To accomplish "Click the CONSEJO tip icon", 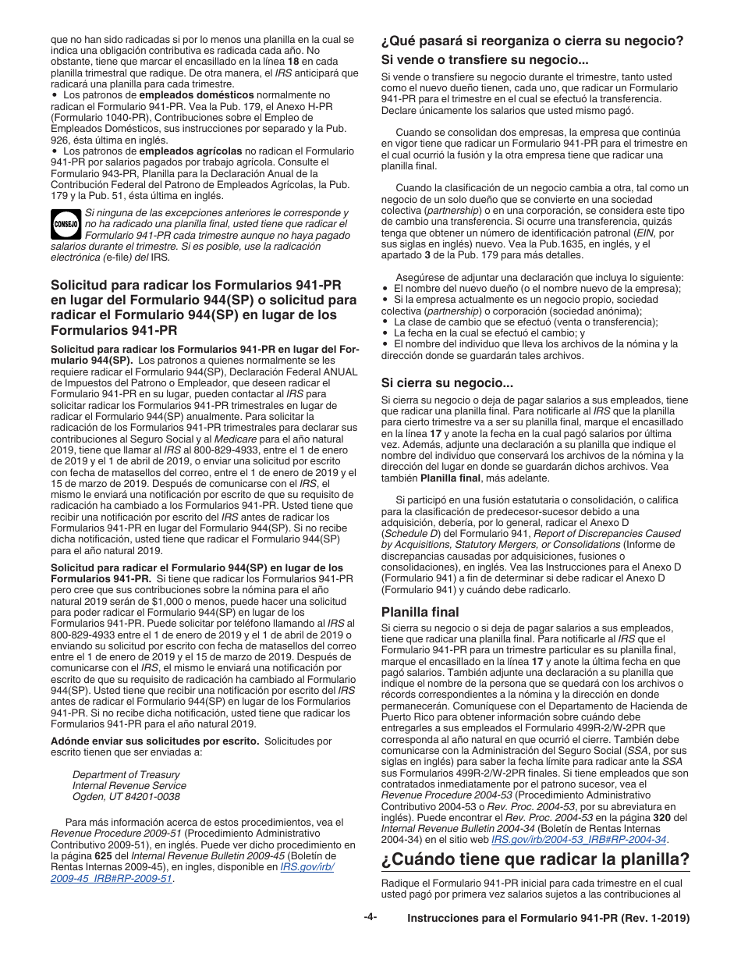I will [x=66, y=224].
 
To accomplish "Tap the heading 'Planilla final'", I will [x=420, y=612].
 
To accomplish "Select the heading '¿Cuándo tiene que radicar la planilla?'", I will [x=535, y=860].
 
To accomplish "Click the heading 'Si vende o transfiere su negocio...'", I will [x=484, y=59].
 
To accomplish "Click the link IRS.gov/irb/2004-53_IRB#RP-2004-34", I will [x=579, y=840].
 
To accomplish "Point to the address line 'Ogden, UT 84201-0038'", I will [x=126, y=797].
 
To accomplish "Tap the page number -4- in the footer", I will [x=370, y=917].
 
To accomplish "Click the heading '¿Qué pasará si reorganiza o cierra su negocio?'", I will [x=532, y=41].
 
